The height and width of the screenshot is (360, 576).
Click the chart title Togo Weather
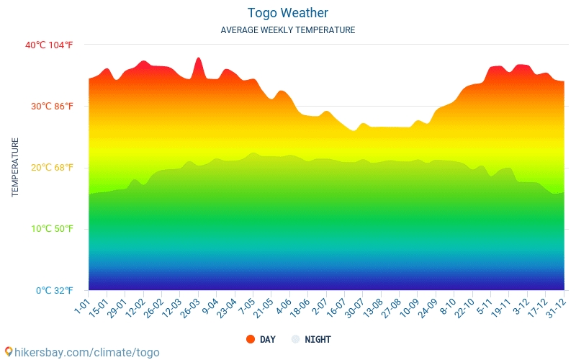[287, 13]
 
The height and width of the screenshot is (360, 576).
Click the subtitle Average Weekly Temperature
[287, 30]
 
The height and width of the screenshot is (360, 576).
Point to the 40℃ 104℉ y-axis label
[49, 45]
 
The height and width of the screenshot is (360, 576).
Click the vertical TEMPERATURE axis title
[15, 168]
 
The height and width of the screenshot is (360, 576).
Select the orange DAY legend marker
[251, 339]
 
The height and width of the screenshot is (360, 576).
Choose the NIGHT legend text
[318, 339]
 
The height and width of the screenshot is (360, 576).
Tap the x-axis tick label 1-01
[83, 306]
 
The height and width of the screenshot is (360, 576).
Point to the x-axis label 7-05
[247, 306]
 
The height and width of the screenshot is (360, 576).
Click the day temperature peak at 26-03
[199, 58]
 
